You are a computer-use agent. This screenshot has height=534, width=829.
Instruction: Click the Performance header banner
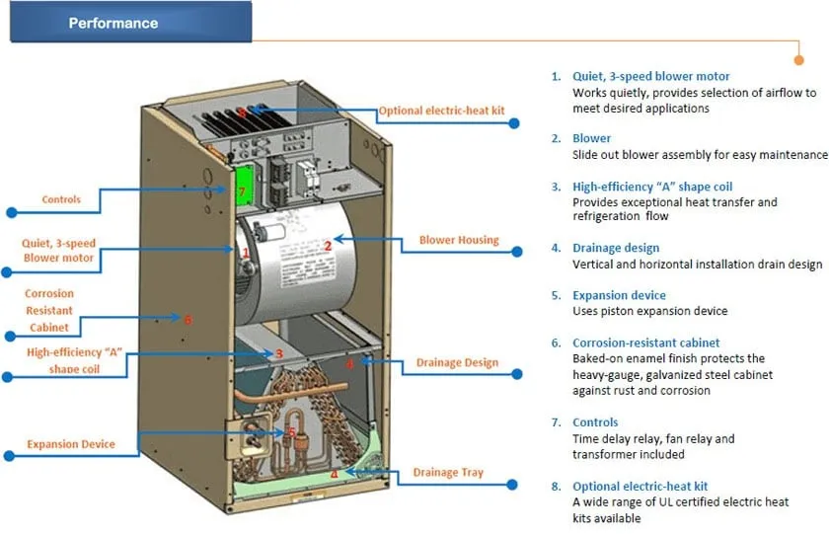coord(129,23)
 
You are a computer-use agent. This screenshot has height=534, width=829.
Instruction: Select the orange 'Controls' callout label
coord(61,199)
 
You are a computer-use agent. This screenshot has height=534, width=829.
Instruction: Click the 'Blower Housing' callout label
coord(459,240)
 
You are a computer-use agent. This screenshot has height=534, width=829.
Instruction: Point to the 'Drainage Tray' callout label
coord(448,472)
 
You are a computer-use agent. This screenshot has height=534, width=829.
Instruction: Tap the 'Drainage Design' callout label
coord(457,362)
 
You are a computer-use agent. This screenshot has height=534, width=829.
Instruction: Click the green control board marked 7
coord(242,189)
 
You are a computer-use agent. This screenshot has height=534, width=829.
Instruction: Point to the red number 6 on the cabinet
coord(188,319)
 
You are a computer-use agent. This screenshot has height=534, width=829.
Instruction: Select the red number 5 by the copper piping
coord(291,432)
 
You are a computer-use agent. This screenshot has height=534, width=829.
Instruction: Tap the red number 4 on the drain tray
coord(335,474)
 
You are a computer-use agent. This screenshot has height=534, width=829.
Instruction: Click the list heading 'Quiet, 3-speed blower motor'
coord(651,76)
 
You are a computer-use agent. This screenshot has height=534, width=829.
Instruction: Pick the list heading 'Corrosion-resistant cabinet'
coord(646,343)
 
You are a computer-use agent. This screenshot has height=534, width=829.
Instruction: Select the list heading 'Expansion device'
coord(619,295)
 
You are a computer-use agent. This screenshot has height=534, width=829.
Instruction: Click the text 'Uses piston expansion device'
coord(649,311)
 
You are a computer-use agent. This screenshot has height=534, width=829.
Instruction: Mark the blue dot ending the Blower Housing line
coord(516,253)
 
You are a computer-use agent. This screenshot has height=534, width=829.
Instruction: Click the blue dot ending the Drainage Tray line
coord(513,485)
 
